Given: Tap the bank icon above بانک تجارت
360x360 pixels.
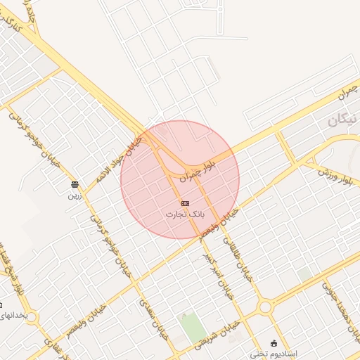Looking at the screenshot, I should click(185, 203).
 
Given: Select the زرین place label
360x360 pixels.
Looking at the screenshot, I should click(75, 195).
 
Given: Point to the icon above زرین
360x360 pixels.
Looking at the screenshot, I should click(75, 185).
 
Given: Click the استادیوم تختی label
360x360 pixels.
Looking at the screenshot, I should click(275, 352).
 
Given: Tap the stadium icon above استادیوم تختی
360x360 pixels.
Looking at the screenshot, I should click(274, 342).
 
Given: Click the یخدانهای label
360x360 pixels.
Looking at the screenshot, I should click(15, 316).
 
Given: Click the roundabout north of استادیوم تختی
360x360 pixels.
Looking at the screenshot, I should click(266, 307).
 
